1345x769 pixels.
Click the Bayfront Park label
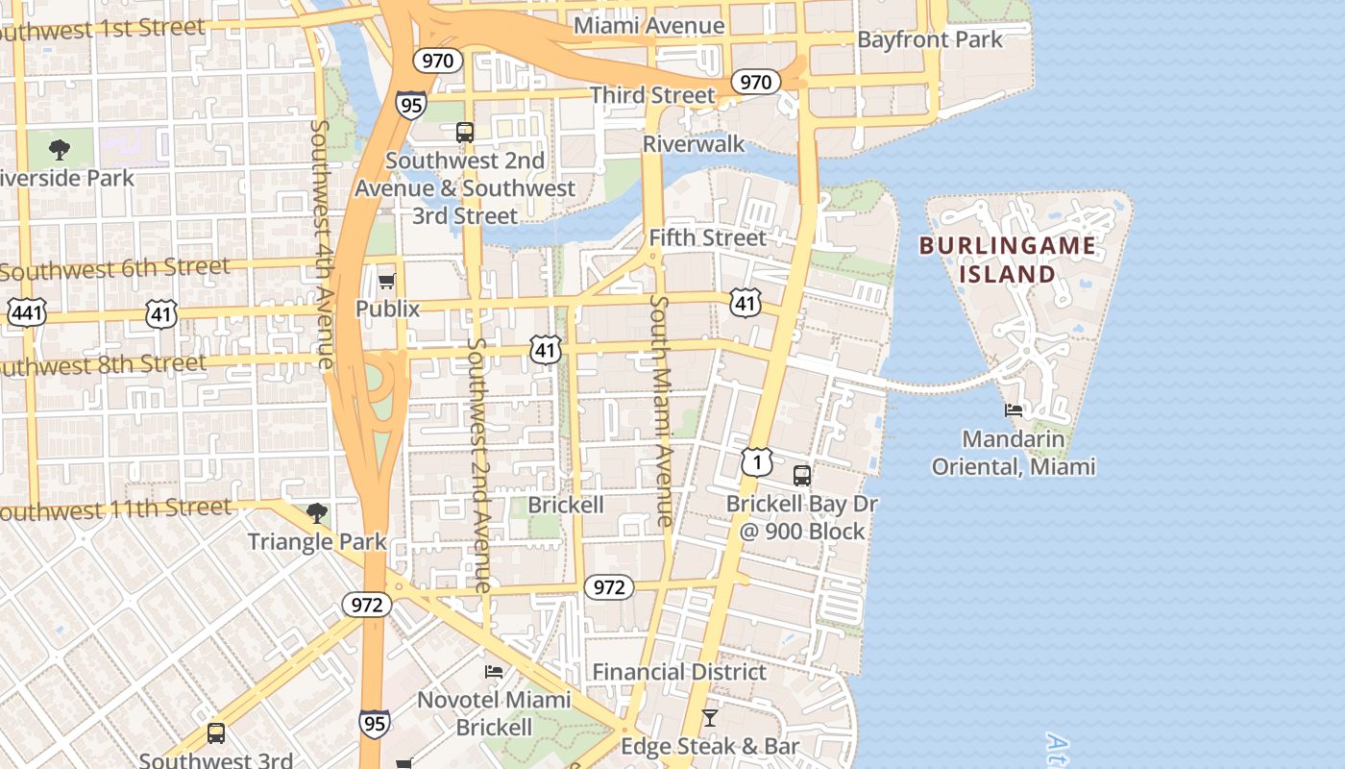[x=929, y=40]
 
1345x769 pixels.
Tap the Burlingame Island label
[x=1007, y=260]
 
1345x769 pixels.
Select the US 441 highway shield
[x=26, y=311]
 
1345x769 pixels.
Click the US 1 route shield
[x=757, y=463]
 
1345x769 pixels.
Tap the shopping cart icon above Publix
[x=386, y=282]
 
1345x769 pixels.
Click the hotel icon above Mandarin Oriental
[x=1014, y=410]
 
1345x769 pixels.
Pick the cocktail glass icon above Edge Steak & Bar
[x=709, y=718]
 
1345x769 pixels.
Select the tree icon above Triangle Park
[x=316, y=513]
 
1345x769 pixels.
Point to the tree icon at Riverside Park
[x=60, y=149]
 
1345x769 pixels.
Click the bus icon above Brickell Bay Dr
[x=801, y=476]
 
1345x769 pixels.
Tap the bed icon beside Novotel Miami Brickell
[x=494, y=671]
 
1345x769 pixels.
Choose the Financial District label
[x=679, y=672]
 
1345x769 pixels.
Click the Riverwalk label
[x=694, y=144]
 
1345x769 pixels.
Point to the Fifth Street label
[x=708, y=237]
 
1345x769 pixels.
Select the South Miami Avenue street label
[x=661, y=410]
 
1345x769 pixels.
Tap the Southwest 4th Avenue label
[x=323, y=244]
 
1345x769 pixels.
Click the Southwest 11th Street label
[x=115, y=509]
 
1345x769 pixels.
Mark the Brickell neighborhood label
[x=566, y=505]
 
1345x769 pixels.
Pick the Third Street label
[x=652, y=95]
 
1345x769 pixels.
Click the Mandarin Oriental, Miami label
[x=1014, y=454]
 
